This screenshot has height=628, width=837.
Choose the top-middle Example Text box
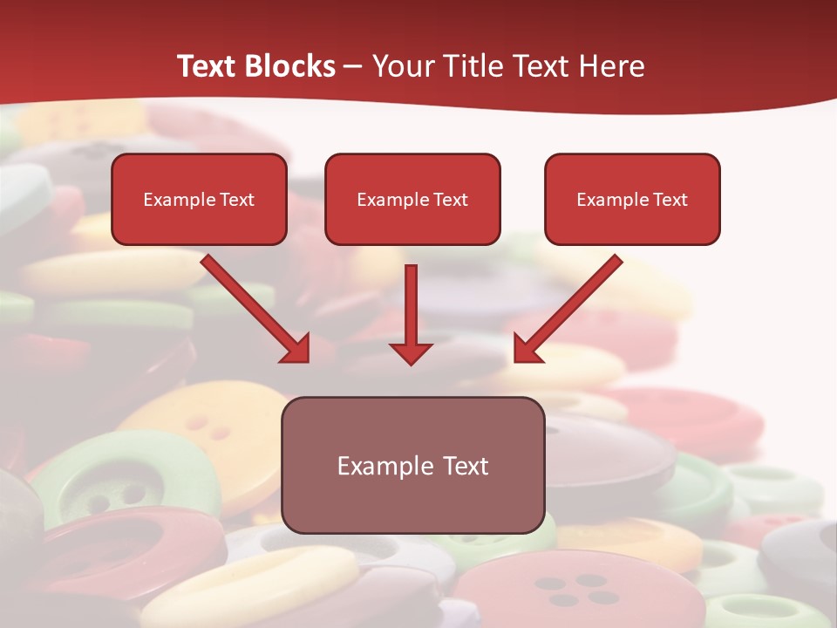(x=412, y=222)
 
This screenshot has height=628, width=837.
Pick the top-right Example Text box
(x=632, y=222)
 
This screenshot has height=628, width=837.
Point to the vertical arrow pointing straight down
(x=411, y=305)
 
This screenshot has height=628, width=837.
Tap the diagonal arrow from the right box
(x=571, y=305)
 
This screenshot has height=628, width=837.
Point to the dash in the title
(x=353, y=67)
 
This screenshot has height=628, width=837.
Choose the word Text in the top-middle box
(x=451, y=200)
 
